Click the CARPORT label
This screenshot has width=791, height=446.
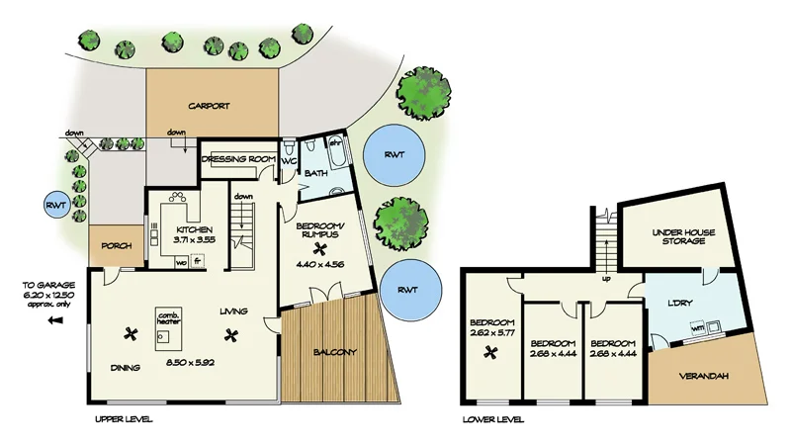tap(209, 106)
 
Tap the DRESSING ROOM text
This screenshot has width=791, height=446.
tap(236, 159)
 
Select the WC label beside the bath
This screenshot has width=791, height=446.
tap(290, 160)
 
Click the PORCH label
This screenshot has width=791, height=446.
tap(115, 245)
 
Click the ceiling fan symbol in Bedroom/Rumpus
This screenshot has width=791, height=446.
tap(319, 250)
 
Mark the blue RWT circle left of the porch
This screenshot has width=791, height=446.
tap(54, 206)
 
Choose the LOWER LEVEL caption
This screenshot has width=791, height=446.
tap(493, 418)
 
